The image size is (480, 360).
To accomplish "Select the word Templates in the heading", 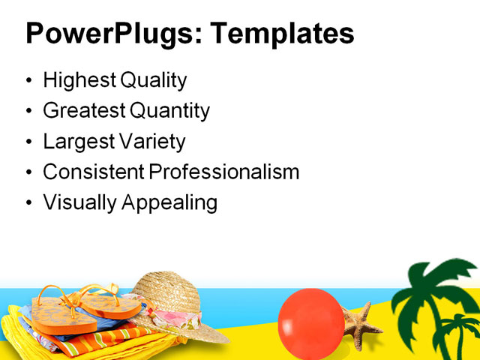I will coord(282,34).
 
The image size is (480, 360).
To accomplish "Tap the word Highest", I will coord(77,81).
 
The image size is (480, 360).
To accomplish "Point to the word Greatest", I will coord(84,111).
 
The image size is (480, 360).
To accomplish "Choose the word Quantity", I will coord(170,111).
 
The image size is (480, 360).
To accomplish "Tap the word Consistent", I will coord(93,172).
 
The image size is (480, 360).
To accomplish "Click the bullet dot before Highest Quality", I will coord(29,82).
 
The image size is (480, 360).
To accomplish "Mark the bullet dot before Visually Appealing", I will coord(29,203).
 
